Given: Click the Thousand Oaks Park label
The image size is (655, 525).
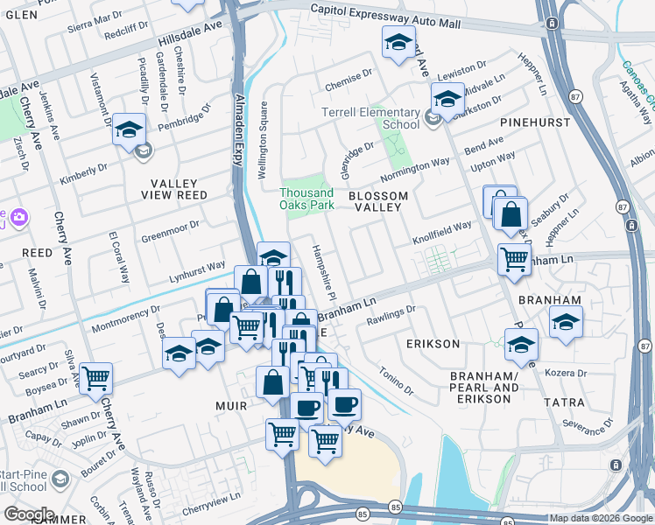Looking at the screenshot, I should tap(306, 199).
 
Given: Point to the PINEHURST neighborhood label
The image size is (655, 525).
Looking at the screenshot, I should tap(528, 123).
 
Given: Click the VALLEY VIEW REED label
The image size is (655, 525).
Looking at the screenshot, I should tap(179, 195).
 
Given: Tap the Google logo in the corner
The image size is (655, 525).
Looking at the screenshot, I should tap(29, 514).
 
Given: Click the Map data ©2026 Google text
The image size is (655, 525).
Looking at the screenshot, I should tap(600, 518).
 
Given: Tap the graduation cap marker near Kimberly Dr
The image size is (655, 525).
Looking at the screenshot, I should tap(129, 130).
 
